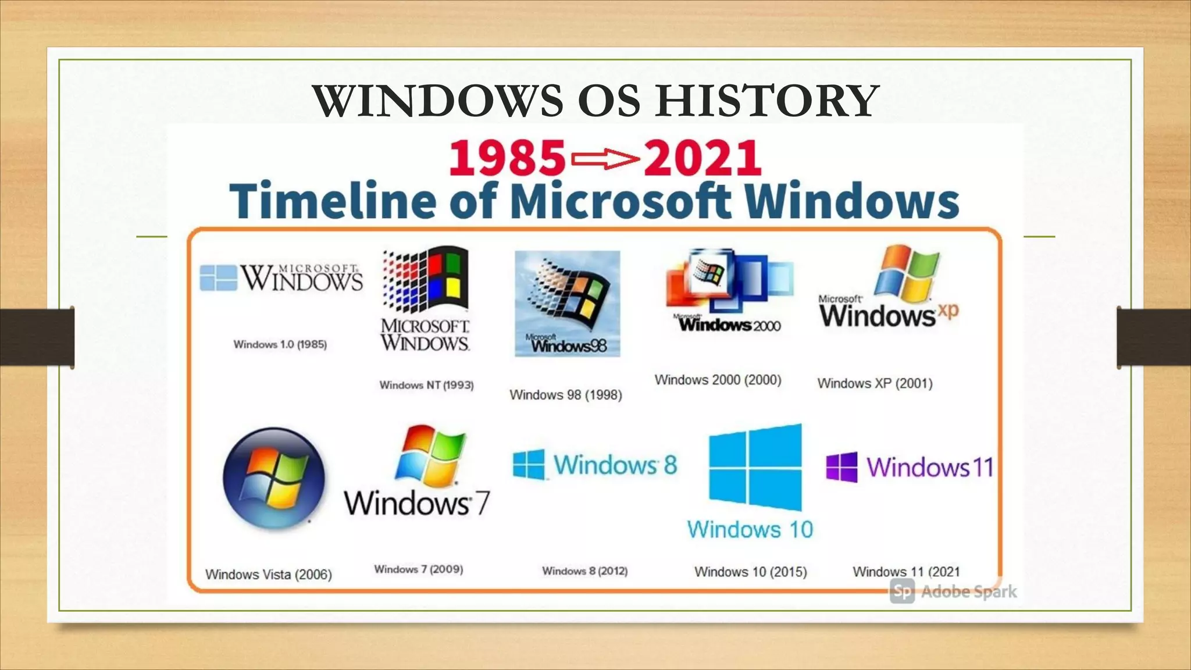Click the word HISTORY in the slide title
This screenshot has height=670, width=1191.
768,101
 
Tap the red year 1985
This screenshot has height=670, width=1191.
507,158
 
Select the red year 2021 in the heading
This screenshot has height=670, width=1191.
703,158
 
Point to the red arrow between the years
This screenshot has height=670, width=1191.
605,159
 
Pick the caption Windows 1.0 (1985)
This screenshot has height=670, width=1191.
280,344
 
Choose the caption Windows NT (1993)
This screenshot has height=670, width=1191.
426,385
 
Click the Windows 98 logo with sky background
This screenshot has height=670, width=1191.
567,303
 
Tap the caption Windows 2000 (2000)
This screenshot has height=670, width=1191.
718,380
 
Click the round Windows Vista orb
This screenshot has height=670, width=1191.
274,478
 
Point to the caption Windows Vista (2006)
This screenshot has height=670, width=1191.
268,575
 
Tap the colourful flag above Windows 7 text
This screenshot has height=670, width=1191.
430,457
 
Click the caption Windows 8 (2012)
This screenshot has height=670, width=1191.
584,571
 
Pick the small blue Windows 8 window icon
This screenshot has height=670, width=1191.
529,464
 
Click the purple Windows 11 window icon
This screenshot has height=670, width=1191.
841,467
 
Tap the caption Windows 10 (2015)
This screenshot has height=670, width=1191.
750,572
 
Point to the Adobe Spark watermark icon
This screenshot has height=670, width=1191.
902,592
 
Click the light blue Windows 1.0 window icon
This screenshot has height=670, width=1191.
218,277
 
